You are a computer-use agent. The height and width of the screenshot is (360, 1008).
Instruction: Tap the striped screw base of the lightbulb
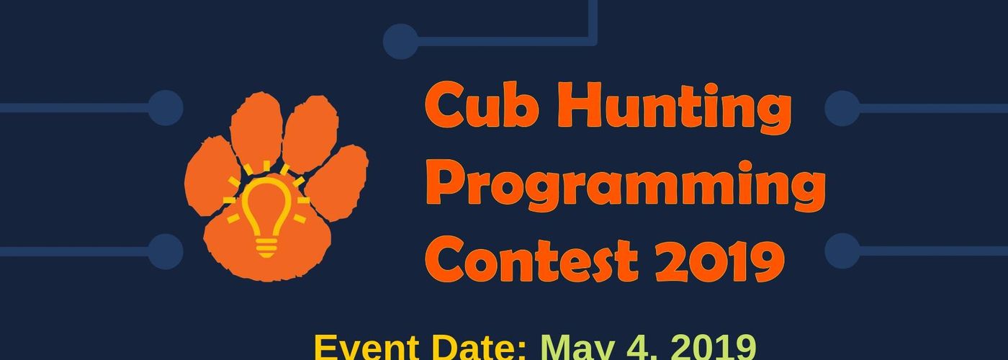266,248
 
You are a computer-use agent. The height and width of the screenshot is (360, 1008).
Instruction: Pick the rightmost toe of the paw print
338,182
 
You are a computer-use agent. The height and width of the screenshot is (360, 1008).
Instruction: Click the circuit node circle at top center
400,42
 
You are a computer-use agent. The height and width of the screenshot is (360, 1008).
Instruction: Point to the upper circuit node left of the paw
166,108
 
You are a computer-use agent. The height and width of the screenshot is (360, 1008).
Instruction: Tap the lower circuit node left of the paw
166,251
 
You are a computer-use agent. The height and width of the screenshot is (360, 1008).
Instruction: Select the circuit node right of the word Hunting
842,109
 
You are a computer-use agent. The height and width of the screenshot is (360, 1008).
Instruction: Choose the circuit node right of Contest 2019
842,251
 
